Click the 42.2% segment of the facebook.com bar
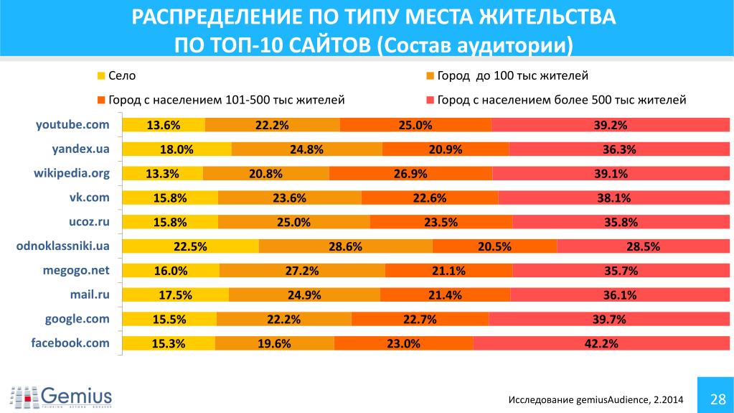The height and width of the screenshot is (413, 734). click(601, 343)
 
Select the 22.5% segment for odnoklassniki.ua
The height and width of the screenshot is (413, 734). click(190, 246)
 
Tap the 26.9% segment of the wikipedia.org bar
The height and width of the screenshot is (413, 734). click(411, 173)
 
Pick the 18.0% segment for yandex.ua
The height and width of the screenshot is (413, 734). click(177, 149)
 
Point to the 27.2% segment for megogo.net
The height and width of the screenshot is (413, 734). click(302, 271)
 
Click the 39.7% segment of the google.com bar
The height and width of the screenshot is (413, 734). click(609, 319)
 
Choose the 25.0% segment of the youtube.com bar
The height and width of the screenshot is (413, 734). click(415, 125)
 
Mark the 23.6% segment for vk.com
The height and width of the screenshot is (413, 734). click(290, 198)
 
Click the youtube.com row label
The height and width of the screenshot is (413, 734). click(72, 124)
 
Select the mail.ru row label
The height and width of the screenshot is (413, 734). click(89, 294)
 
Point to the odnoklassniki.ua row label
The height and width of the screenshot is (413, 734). click(62, 246)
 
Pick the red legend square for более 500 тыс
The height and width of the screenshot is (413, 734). click(430, 100)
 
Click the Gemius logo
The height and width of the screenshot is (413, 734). click(62, 396)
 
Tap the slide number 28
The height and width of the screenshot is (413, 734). click(715, 399)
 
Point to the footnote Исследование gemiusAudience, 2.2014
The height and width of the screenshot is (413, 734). click(596, 399)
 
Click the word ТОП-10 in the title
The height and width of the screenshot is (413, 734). click(251, 44)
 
